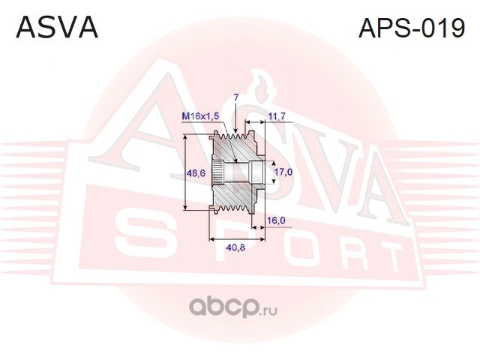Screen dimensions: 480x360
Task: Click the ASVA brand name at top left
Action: pos(57,28)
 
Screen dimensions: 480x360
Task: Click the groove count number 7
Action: pos(235,97)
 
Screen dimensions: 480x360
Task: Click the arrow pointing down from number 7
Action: pos(235,124)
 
